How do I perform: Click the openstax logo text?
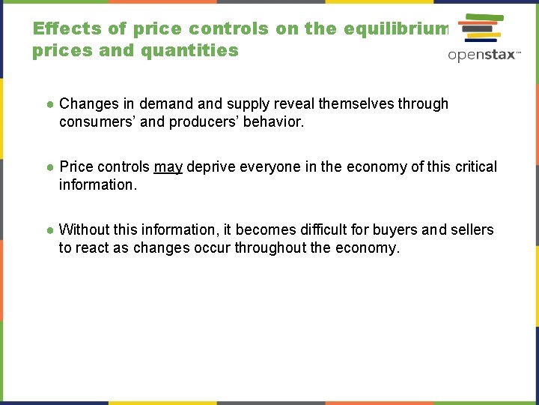(483, 55)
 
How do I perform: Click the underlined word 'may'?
(168, 166)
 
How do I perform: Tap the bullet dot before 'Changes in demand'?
(49, 104)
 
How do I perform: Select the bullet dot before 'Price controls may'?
(49, 166)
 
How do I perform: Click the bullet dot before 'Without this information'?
(49, 229)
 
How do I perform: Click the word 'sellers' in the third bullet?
(470, 229)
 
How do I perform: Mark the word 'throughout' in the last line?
(269, 247)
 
